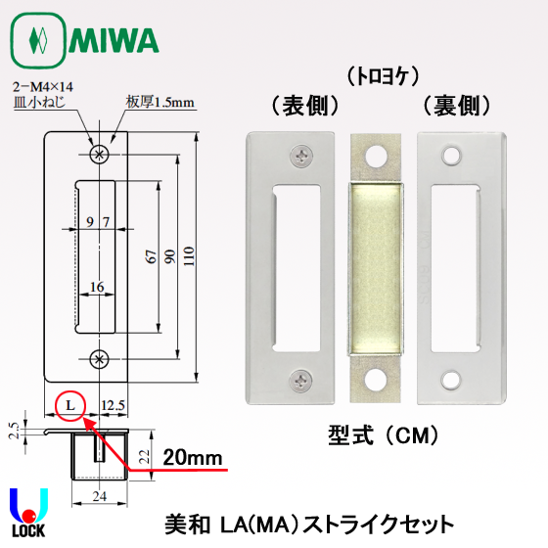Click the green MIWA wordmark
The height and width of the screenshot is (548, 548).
[x=114, y=40]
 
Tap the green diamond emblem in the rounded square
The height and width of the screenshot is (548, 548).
[x=37, y=40]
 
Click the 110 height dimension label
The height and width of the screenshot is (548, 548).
[x=189, y=256]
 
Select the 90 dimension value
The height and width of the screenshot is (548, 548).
[x=170, y=256]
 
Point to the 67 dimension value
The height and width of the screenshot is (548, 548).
[x=151, y=256]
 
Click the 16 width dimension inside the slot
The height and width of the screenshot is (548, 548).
[x=97, y=287]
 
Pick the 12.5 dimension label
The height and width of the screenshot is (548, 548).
[x=113, y=405]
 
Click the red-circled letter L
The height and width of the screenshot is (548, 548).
[x=70, y=405]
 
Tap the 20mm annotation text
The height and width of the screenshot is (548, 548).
[x=193, y=458]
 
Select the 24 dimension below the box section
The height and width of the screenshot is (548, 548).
[x=100, y=496]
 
